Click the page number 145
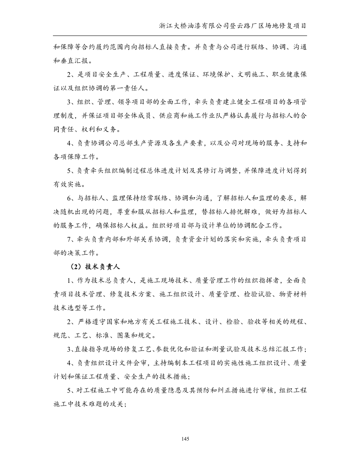coord(185,438)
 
